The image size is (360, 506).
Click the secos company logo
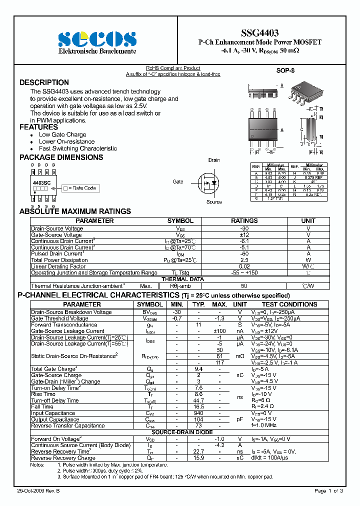[x=97, y=39]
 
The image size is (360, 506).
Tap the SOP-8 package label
[x=284, y=71]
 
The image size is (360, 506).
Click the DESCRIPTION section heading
[x=44, y=82]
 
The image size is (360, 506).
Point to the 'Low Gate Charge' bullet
[x=62, y=134]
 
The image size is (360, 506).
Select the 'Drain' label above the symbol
[x=214, y=160]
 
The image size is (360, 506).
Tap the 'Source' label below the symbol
[x=214, y=202]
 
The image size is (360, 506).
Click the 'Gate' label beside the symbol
[x=178, y=181]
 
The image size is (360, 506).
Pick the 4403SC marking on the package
[x=42, y=182]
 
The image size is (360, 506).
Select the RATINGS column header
[x=244, y=220]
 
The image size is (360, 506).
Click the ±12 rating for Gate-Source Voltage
[x=244, y=234]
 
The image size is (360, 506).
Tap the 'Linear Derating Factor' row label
[x=58, y=266]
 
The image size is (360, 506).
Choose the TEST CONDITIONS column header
[x=289, y=304]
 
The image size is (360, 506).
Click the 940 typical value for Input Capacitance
[x=198, y=413]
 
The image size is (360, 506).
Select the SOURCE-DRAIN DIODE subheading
[x=182, y=432]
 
